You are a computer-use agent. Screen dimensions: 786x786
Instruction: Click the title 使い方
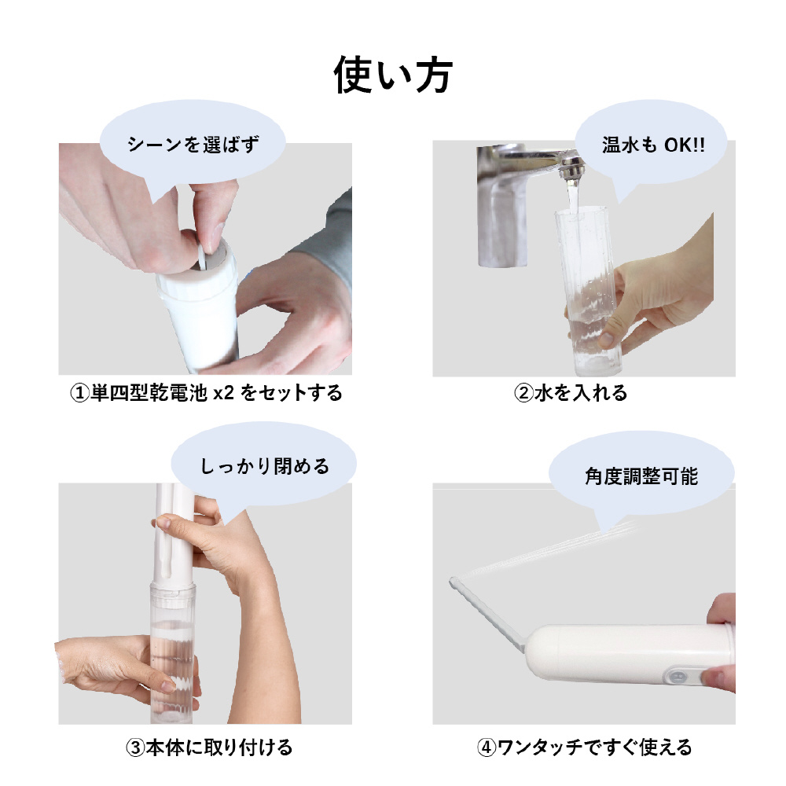[x=393, y=75]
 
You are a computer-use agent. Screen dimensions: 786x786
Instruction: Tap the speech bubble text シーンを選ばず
[x=193, y=145]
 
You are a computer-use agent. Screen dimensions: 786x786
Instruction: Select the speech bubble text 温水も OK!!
[x=653, y=145]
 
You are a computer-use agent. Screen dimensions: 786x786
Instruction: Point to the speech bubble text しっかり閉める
[x=265, y=466]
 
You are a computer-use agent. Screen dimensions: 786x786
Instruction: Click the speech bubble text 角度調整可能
[x=641, y=476]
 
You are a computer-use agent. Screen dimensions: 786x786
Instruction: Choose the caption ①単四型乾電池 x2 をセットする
[x=206, y=392]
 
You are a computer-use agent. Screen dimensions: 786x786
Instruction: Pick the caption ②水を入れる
[x=571, y=392]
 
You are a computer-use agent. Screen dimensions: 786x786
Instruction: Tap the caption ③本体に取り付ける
[x=209, y=747]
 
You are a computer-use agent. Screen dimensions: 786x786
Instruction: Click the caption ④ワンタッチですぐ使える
[x=584, y=747]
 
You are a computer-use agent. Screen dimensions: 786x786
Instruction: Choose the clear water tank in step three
[x=172, y=652]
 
